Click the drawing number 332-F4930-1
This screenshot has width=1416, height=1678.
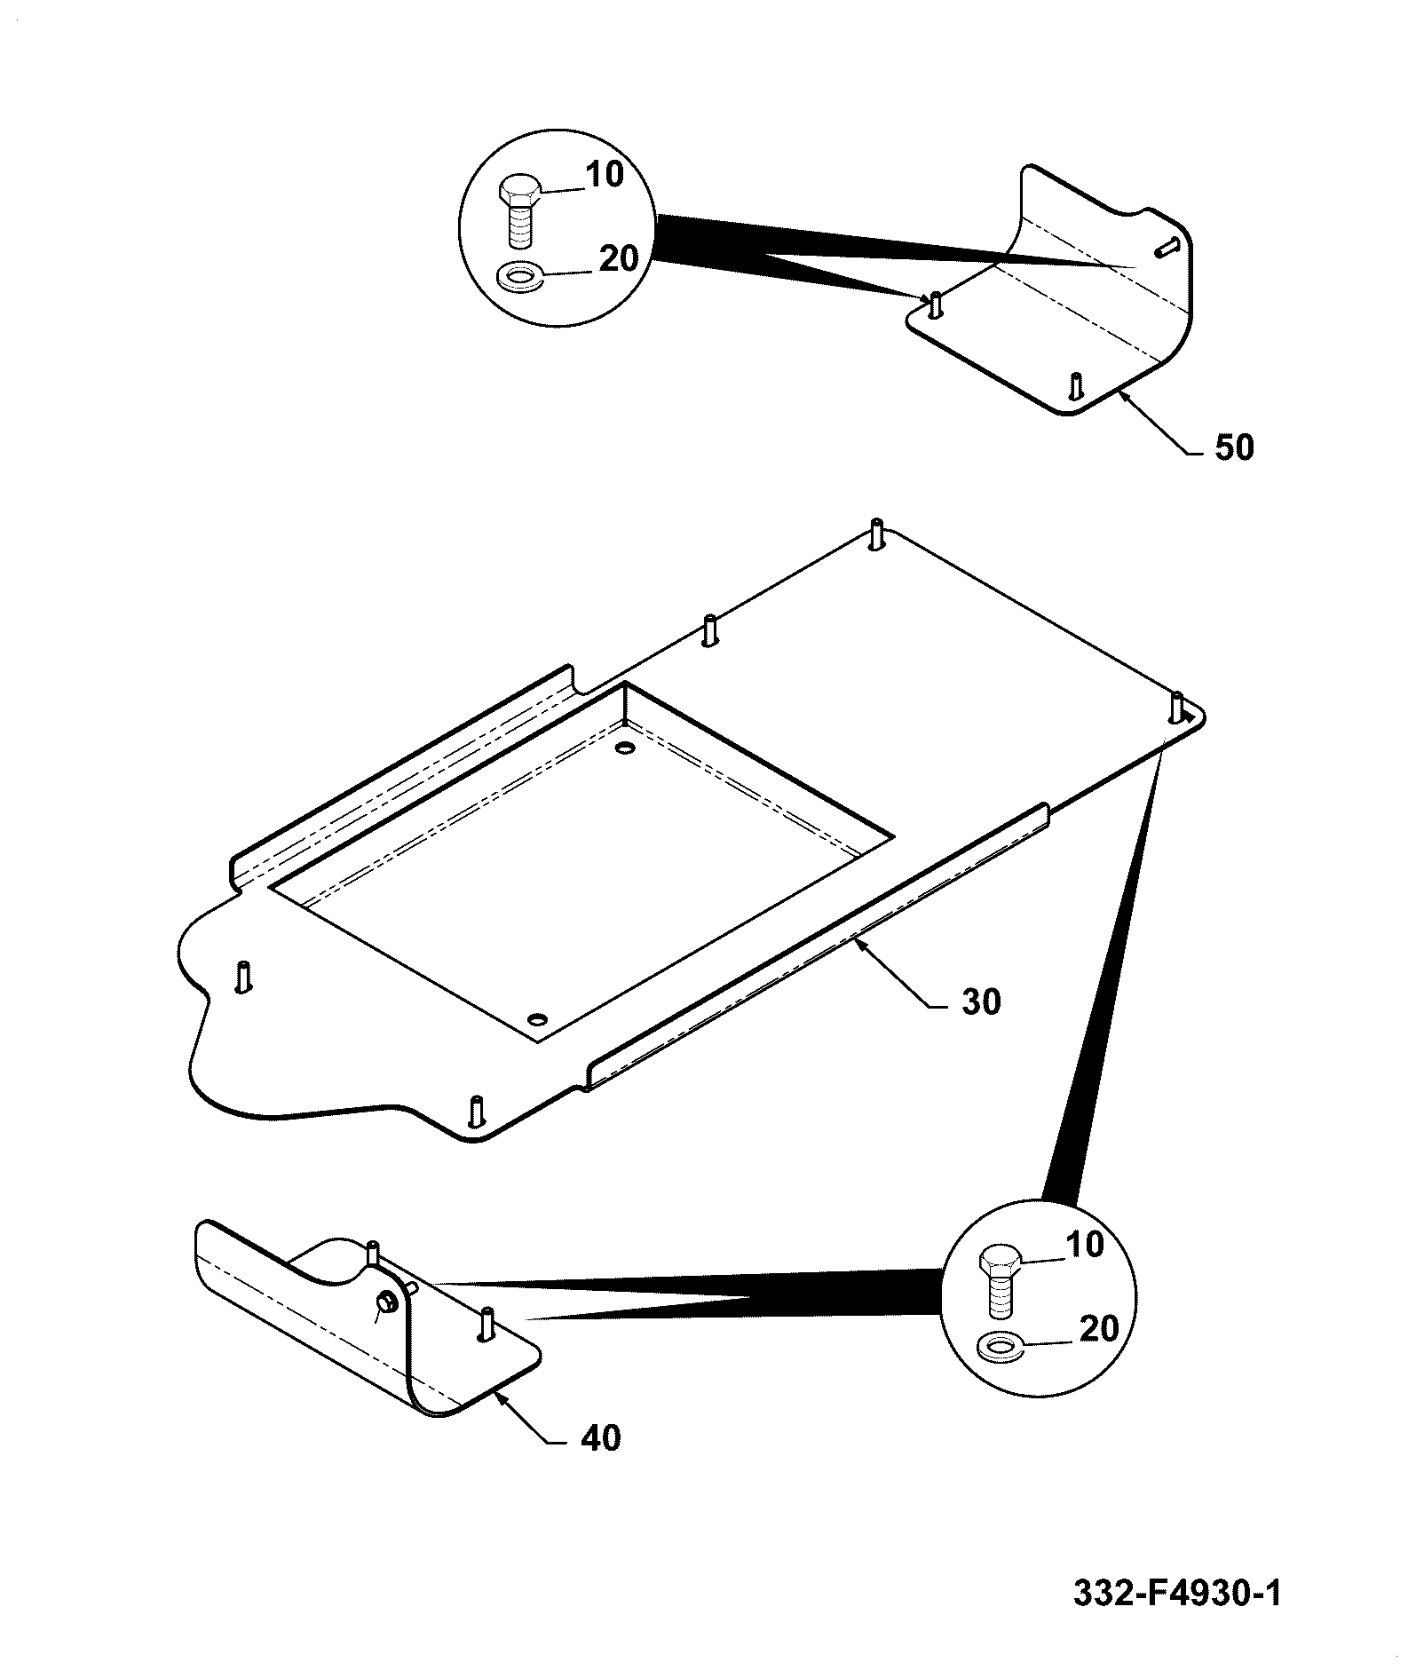pos(1177,1592)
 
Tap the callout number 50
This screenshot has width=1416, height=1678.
pos(1234,448)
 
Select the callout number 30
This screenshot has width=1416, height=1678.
pos(981,1002)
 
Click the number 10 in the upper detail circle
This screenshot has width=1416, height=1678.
pos(605,175)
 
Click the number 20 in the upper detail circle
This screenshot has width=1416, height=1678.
pos(619,259)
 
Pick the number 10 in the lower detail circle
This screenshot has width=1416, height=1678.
pos(1084,1245)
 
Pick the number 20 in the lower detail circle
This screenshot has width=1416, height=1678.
pos(1098,1329)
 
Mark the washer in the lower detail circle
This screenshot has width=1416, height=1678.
pos(1000,1348)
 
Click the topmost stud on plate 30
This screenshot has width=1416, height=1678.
pos(877,534)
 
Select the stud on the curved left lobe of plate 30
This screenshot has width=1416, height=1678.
pos(244,977)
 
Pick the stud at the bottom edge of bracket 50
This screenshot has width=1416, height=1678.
pos(1075,385)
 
